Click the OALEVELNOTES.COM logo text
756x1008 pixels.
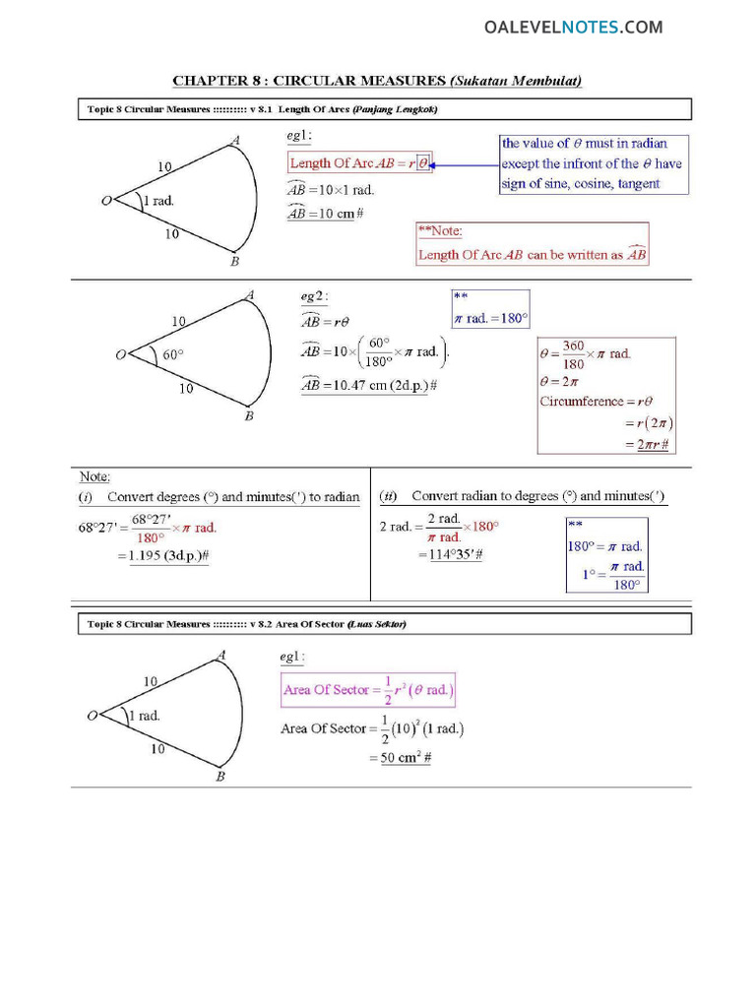[x=573, y=28]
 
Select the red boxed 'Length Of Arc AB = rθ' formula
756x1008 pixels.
[x=359, y=163]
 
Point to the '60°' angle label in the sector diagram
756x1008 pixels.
[x=173, y=355]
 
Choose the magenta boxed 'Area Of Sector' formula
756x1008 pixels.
[x=368, y=690]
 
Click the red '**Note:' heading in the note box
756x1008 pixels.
[x=440, y=231]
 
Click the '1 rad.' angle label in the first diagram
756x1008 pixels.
[x=158, y=202]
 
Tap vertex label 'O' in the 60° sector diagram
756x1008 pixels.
[x=120, y=354]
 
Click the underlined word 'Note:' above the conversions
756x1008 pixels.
[x=94, y=476]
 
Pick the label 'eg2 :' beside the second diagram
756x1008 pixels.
[x=314, y=295]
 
